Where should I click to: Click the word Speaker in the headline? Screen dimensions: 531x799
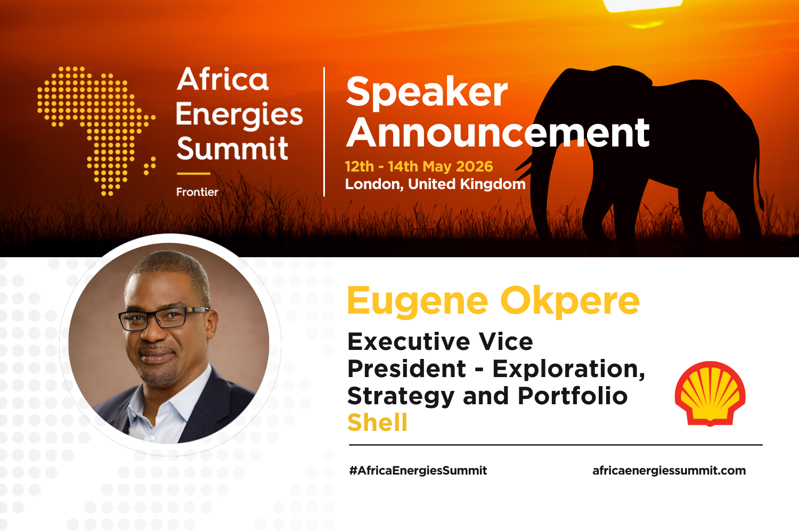point(427,92)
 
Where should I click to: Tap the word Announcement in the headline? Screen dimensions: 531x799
point(498,133)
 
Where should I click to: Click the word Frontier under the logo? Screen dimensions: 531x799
point(197,192)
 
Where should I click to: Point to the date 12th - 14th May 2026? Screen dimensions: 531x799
point(419,167)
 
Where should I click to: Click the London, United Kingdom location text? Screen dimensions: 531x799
point(435,184)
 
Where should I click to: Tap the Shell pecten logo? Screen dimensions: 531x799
point(710,394)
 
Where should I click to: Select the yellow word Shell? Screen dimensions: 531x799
point(377,423)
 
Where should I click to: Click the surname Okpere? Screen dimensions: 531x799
point(570,301)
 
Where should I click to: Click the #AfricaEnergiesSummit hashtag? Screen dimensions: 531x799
point(418,471)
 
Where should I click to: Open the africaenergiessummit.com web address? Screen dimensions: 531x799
point(669,471)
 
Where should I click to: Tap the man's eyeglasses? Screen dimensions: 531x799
point(160,317)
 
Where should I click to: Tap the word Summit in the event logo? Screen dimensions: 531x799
point(233,149)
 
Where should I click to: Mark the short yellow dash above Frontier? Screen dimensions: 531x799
point(193,174)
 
